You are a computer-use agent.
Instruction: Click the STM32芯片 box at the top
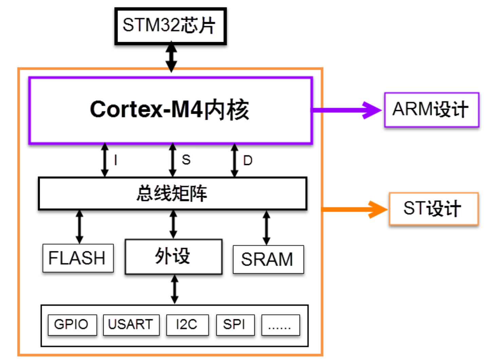pyautogui.click(x=171, y=26)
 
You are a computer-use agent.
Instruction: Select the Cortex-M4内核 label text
pyautogui.click(x=169, y=110)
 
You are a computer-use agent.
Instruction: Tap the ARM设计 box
pyautogui.click(x=431, y=110)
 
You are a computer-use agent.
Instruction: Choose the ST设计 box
pyautogui.click(x=433, y=209)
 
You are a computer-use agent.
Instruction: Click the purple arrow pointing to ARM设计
pyautogui.click(x=346, y=110)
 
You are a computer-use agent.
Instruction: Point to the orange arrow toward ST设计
pyautogui.click(x=353, y=209)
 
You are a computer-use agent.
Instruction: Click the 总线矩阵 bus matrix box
pyautogui.click(x=173, y=193)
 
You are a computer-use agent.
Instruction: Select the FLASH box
pyautogui.click(x=78, y=258)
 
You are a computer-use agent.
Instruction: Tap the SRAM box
pyautogui.click(x=268, y=259)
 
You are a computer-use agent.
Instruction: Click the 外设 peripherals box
pyautogui.click(x=173, y=256)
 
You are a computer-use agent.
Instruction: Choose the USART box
pyautogui.click(x=131, y=325)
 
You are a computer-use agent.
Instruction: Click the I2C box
pyautogui.click(x=187, y=325)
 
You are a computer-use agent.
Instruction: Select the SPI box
pyautogui.click(x=235, y=325)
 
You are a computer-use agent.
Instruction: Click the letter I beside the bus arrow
pyautogui.click(x=116, y=160)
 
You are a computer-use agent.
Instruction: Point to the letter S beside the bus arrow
pyautogui.click(x=186, y=160)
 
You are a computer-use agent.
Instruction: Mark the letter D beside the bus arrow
pyautogui.click(x=248, y=160)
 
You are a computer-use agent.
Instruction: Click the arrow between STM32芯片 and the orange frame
pyautogui.click(x=171, y=57)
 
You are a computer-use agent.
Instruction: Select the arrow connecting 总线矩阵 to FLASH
pyautogui.click(x=79, y=227)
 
